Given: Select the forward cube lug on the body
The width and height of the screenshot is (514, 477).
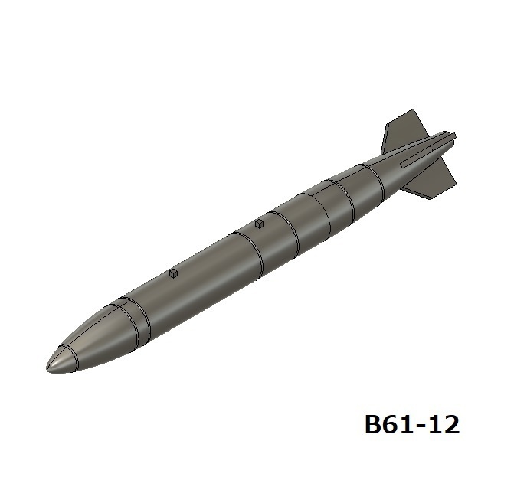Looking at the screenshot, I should click(x=174, y=273).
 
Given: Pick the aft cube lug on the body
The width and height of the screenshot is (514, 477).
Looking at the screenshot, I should click(x=260, y=224).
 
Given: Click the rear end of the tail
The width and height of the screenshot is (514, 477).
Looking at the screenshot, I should click(x=454, y=136).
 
